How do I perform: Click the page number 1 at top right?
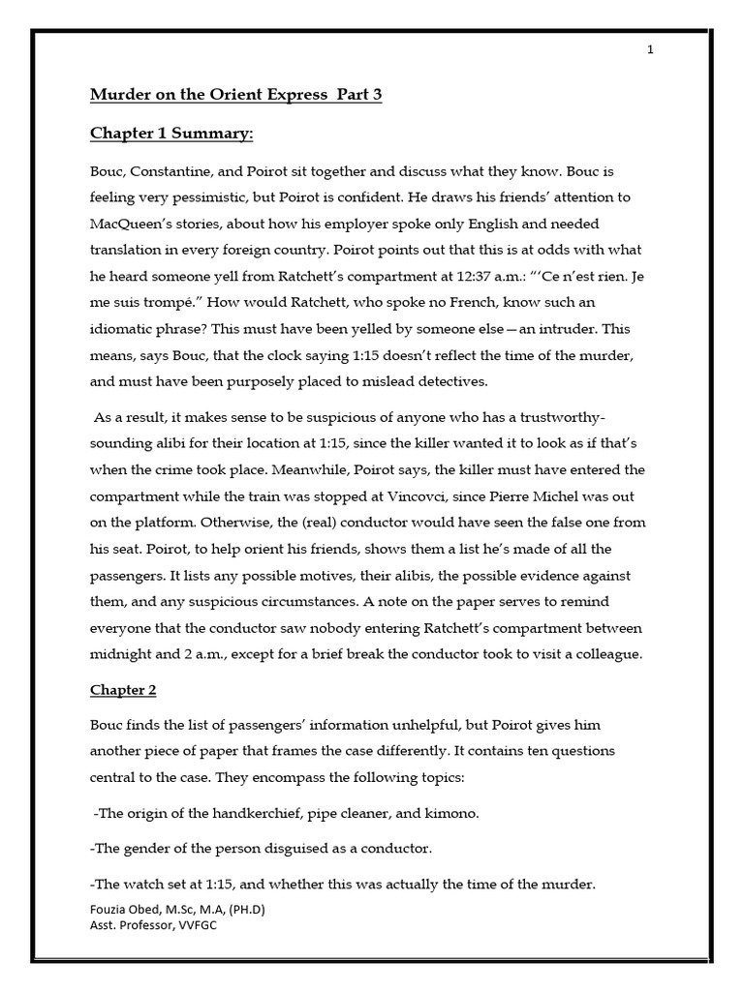651,50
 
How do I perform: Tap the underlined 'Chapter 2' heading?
123,690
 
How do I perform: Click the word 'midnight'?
121,654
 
